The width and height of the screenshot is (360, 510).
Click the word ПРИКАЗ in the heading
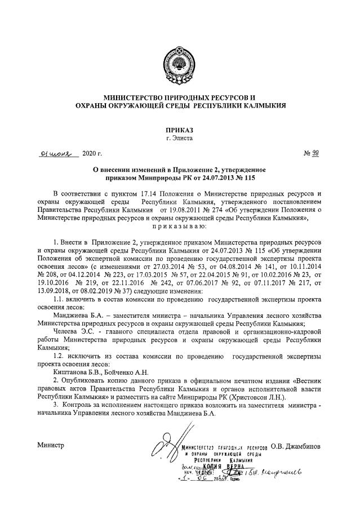179,130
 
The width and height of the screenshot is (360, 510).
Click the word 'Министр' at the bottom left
51,445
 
